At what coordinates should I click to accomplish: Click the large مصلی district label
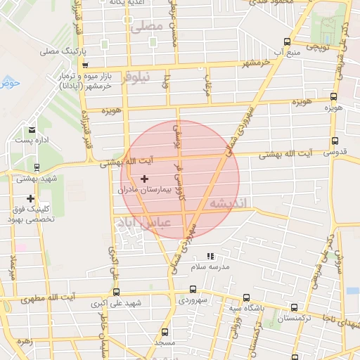point(147,27)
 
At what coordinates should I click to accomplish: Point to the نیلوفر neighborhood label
point(135,78)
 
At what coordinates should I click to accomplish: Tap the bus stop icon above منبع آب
point(285,41)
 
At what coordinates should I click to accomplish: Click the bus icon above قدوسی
point(334,141)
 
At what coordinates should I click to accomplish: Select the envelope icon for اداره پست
point(32,130)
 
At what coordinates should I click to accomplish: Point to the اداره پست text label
point(32,141)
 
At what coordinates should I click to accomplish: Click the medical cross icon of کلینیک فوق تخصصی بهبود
point(30,199)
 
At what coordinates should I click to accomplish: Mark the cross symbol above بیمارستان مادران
point(145,179)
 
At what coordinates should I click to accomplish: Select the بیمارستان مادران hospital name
point(145,190)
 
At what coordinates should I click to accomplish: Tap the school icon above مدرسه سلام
point(210,257)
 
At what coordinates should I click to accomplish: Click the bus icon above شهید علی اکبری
point(116,292)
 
